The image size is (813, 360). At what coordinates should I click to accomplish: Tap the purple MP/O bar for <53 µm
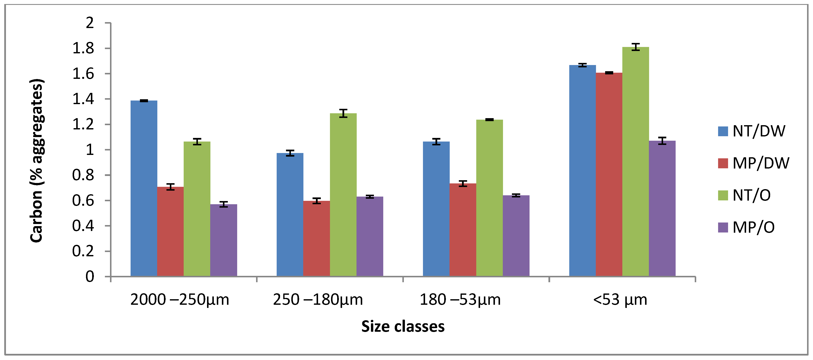662,208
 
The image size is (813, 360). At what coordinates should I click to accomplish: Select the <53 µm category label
620,299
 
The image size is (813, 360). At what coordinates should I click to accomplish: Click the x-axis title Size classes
403,326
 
